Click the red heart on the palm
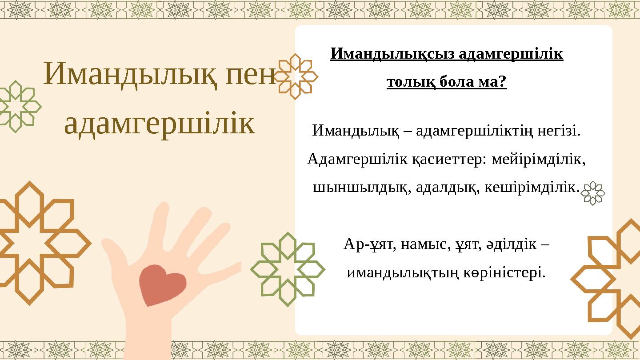click(162, 284)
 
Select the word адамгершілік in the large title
click(160, 124)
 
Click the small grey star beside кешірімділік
click(593, 193)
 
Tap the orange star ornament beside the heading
click(296, 76)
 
